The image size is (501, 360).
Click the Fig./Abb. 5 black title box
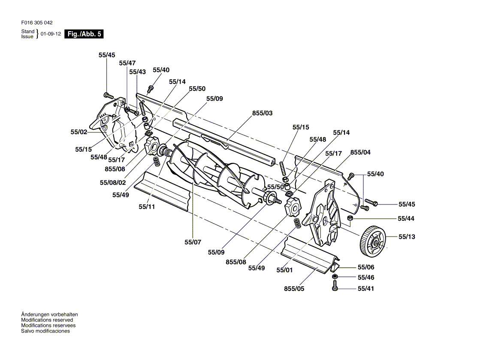tap(84, 34)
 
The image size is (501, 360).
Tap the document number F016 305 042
tap(37, 23)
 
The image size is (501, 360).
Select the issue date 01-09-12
tap(51, 34)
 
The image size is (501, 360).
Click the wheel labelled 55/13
tap(373, 241)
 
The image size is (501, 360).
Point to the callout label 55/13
tap(407, 237)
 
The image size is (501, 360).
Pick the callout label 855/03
tap(263, 113)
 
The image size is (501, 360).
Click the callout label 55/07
tap(193, 242)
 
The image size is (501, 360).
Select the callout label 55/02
tap(79, 132)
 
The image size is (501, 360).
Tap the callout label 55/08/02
tap(113, 183)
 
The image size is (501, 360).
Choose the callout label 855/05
tap(294, 289)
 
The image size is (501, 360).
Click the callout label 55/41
tap(366, 288)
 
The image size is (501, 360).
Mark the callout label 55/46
tap(366, 277)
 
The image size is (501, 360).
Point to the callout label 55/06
tap(366, 267)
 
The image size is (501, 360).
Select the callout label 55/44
tap(406, 219)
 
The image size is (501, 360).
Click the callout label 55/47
tap(127, 63)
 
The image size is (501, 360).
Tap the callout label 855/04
tap(360, 153)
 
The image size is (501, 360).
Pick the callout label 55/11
tap(147, 207)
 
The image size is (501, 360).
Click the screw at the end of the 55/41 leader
tap(335, 285)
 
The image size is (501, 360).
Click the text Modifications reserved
tap(47, 320)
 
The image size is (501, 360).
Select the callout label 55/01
tap(284, 270)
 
